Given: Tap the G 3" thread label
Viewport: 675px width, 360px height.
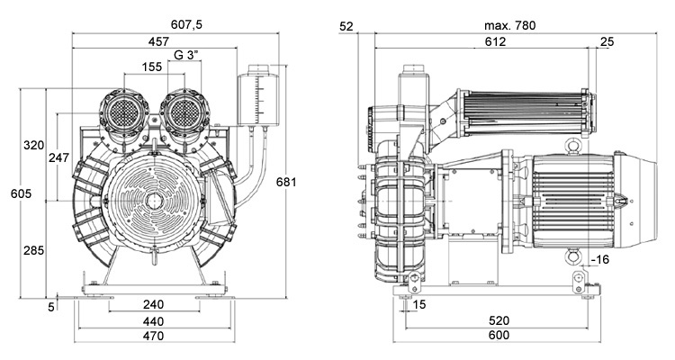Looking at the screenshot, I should click(x=186, y=55).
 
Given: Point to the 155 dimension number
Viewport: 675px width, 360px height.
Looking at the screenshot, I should click(x=152, y=67).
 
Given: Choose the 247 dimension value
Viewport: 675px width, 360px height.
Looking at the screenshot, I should click(x=59, y=158).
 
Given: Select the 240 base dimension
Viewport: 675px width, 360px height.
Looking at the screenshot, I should click(x=152, y=304).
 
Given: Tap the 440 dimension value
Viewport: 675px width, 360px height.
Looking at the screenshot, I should click(x=152, y=320).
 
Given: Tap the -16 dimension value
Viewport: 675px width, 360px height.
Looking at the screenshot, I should click(x=600, y=261).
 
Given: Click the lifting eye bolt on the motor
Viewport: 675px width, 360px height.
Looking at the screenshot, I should click(x=569, y=145).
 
